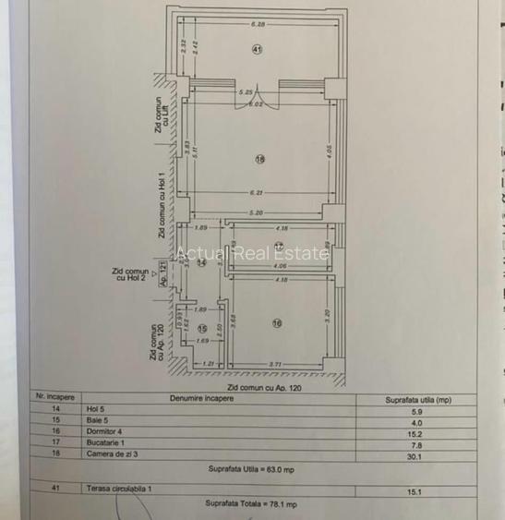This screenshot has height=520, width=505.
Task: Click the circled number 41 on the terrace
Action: click(x=258, y=50)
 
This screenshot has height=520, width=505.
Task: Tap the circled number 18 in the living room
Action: click(x=259, y=159)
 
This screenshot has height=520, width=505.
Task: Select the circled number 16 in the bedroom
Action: click(x=276, y=322)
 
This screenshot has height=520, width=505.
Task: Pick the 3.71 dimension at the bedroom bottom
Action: click(x=276, y=366)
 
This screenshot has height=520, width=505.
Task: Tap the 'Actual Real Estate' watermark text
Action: click(x=252, y=253)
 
